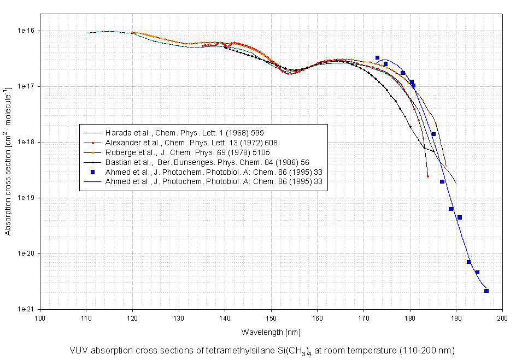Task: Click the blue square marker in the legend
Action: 93,172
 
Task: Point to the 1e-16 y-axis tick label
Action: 25,31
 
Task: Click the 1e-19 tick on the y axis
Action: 25,198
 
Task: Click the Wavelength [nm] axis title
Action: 271,332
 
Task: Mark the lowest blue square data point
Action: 486,291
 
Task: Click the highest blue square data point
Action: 377,57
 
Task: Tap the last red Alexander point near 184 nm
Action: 428,176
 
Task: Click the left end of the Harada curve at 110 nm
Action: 87,33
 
